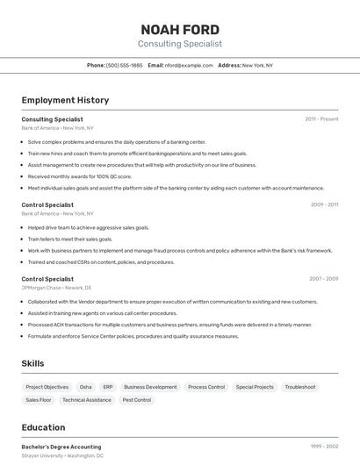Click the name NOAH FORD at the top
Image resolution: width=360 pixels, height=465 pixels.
[x=180, y=29]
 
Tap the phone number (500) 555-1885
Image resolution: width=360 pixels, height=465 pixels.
[x=124, y=65]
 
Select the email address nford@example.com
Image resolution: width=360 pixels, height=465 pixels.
[x=189, y=65]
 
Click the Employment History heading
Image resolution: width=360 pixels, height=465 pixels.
[x=65, y=100]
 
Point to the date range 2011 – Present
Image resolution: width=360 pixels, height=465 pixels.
[x=321, y=118]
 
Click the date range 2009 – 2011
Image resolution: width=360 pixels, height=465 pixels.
[x=324, y=204]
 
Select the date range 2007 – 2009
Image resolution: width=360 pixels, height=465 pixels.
[x=323, y=279]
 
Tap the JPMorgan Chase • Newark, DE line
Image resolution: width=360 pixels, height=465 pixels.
[x=56, y=288]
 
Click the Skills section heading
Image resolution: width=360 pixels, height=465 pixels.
[x=32, y=363]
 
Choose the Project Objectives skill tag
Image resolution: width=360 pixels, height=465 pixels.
[x=47, y=387]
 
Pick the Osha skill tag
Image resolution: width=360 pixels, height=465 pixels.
[x=85, y=387]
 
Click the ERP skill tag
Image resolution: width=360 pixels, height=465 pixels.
[x=108, y=387]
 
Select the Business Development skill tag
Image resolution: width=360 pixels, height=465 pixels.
[x=150, y=387]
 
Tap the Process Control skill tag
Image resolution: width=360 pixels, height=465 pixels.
[x=206, y=387]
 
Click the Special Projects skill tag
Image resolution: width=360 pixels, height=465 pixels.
[x=255, y=387]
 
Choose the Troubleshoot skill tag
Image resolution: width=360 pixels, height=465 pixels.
[x=300, y=387]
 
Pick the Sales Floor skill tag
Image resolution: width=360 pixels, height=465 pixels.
[x=39, y=400]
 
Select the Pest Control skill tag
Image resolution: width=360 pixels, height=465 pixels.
[x=136, y=400]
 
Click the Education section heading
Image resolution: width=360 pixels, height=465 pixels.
[x=43, y=427]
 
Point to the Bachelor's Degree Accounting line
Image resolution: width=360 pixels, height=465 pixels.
[x=61, y=447]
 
